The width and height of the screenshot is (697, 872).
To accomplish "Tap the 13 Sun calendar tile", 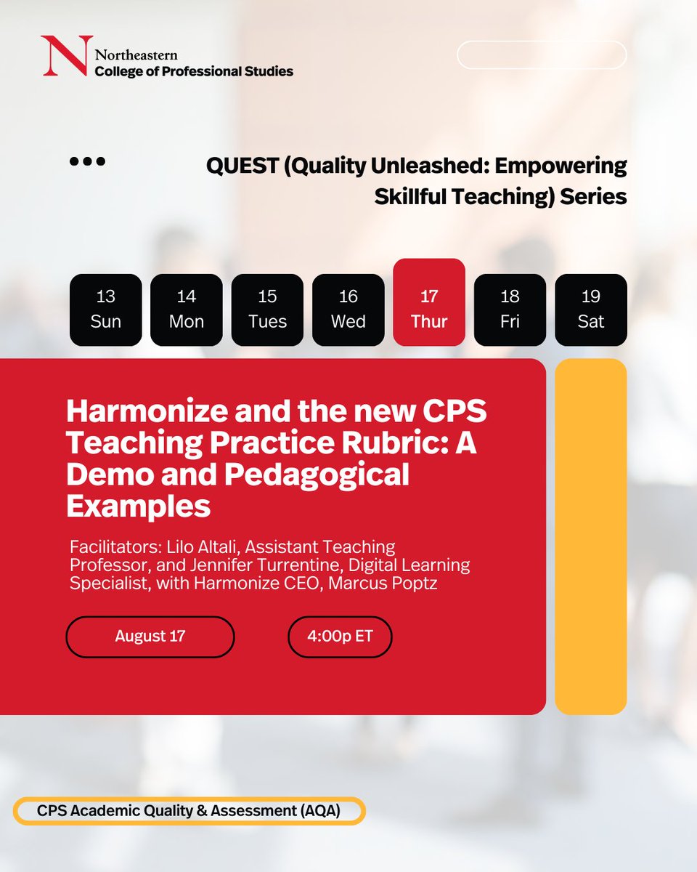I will (x=105, y=310).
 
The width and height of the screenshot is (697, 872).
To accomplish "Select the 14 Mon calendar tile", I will (x=187, y=310).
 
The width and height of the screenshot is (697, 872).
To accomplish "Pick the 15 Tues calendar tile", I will (x=267, y=310).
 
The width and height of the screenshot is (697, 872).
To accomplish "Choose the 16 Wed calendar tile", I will (x=348, y=310).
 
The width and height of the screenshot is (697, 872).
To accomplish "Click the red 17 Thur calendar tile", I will (x=429, y=302).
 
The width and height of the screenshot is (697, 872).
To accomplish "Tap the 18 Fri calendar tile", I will (x=510, y=310).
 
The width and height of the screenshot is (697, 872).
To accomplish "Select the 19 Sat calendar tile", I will (x=591, y=310).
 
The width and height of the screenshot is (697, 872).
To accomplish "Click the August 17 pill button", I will (x=150, y=637).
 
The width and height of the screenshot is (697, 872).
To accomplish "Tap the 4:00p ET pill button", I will (x=340, y=637).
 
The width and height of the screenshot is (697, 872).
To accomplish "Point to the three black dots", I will (x=87, y=161).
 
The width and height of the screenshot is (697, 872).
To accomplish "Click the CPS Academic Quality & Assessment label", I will (x=189, y=812).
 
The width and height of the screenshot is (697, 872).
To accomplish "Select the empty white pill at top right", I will (x=542, y=55).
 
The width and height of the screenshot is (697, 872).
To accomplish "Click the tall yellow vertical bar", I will (x=590, y=536).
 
